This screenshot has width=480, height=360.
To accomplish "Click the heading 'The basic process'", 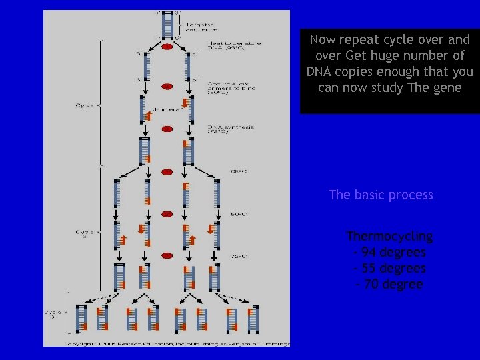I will (x=381, y=195).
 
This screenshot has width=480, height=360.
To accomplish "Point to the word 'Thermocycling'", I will (x=389, y=237).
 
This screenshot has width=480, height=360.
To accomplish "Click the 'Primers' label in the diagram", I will (x=167, y=107).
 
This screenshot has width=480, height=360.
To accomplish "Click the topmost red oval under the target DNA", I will (x=167, y=47).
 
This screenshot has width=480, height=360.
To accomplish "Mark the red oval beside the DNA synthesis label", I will (x=167, y=128).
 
